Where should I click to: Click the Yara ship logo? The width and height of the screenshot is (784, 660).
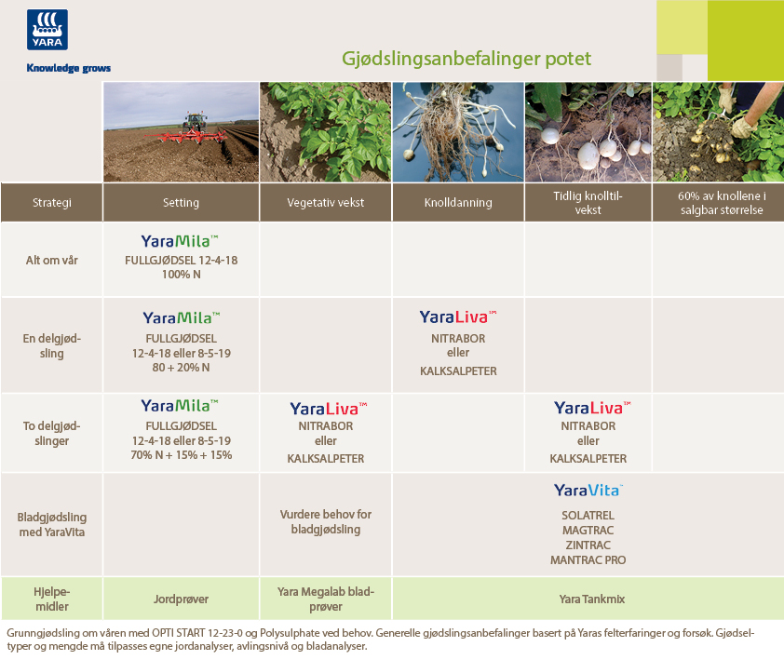pos(47,30)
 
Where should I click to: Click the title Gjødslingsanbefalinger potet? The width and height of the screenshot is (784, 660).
pos(466,59)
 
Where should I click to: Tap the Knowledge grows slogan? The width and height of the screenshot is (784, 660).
pos(69,68)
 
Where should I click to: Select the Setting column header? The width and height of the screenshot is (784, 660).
pos(181,203)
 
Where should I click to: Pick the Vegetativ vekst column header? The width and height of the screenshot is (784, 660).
pos(326,203)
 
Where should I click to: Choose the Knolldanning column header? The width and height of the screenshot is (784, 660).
pos(458,203)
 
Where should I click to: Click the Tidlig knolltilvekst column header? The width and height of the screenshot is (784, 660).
pos(588,203)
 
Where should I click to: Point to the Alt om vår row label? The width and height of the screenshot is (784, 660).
pos(52,260)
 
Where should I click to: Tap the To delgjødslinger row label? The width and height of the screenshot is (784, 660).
pos(51,433)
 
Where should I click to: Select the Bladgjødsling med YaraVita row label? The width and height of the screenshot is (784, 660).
pos(52,524)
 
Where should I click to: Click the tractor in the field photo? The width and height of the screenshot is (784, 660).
pos(195,122)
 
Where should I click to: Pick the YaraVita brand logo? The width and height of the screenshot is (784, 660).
pos(588,491)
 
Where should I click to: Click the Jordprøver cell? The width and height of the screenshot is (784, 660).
pos(181,599)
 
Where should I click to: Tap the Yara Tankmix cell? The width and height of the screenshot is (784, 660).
pos(592,599)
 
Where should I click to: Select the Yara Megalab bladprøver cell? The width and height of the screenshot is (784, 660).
pos(326,599)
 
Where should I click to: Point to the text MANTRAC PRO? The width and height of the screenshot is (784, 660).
pos(588,560)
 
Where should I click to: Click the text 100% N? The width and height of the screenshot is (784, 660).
pos(181,275)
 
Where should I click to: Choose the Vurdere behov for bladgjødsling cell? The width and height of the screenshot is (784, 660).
pos(326,521)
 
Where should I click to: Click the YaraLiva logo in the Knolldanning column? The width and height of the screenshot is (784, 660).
pos(458,317)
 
